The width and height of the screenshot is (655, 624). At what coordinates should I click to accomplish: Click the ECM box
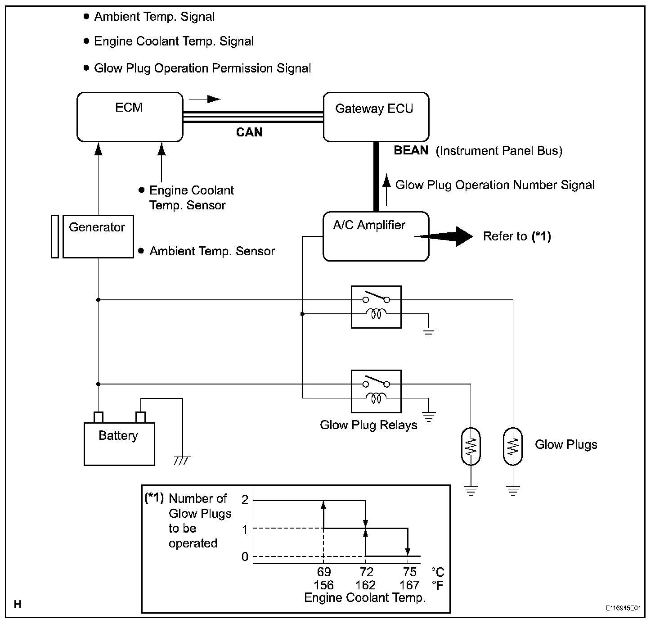[130, 117]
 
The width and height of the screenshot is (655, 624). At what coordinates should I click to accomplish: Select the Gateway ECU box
[376, 117]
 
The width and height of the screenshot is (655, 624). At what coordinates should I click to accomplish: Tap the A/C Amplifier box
[376, 236]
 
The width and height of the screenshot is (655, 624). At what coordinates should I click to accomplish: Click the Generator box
[98, 236]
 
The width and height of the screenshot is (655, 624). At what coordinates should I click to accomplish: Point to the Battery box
[119, 443]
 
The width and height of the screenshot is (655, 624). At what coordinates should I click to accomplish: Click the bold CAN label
[249, 132]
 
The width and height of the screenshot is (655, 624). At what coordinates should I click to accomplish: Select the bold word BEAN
[411, 150]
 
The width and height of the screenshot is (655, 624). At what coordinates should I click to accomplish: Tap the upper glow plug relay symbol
[376, 307]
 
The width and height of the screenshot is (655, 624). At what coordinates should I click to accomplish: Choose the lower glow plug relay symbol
[376, 391]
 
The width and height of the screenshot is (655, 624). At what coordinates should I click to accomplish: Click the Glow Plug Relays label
[368, 425]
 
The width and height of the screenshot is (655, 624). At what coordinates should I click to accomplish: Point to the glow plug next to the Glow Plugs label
[513, 446]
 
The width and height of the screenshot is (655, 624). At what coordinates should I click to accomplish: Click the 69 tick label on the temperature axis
[323, 572]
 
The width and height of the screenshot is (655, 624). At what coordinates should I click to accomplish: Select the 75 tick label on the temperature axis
[409, 572]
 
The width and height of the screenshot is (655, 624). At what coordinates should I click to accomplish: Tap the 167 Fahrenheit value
[409, 585]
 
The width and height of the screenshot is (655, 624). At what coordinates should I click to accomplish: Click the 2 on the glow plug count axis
[245, 500]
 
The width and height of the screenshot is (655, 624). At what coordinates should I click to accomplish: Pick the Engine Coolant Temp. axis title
[365, 598]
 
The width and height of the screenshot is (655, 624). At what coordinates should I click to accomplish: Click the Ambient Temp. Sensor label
[212, 251]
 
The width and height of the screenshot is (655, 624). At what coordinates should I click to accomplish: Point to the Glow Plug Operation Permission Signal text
[202, 68]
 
